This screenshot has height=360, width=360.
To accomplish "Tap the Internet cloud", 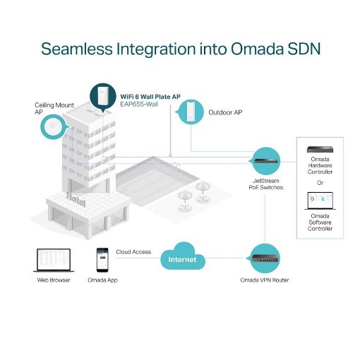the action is (183, 256).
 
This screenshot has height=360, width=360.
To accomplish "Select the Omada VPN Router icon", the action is (264, 258).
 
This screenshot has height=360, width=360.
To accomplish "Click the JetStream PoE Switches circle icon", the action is (265, 162).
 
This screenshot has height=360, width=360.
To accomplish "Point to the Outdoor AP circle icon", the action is (190, 112).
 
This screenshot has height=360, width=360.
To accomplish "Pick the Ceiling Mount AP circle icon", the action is (54, 126).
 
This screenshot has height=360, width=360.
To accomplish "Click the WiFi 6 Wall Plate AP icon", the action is (103, 97).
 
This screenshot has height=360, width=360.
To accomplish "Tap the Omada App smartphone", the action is (102, 260).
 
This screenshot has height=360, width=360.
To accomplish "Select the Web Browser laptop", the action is (54, 260).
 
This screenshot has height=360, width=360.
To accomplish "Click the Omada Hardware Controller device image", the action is (320, 149).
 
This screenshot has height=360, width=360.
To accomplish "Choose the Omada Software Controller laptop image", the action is (320, 201).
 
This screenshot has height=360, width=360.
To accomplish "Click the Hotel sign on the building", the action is (76, 200).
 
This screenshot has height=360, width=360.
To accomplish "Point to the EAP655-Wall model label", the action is (139, 104).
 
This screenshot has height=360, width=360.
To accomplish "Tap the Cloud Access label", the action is (133, 252).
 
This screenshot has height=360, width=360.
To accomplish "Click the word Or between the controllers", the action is (320, 183).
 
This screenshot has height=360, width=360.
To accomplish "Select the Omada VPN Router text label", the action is (265, 280).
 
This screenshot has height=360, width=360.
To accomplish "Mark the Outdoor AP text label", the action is (225, 112).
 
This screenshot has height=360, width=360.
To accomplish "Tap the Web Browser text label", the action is (54, 280).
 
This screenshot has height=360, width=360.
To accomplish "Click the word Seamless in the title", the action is (77, 49).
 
